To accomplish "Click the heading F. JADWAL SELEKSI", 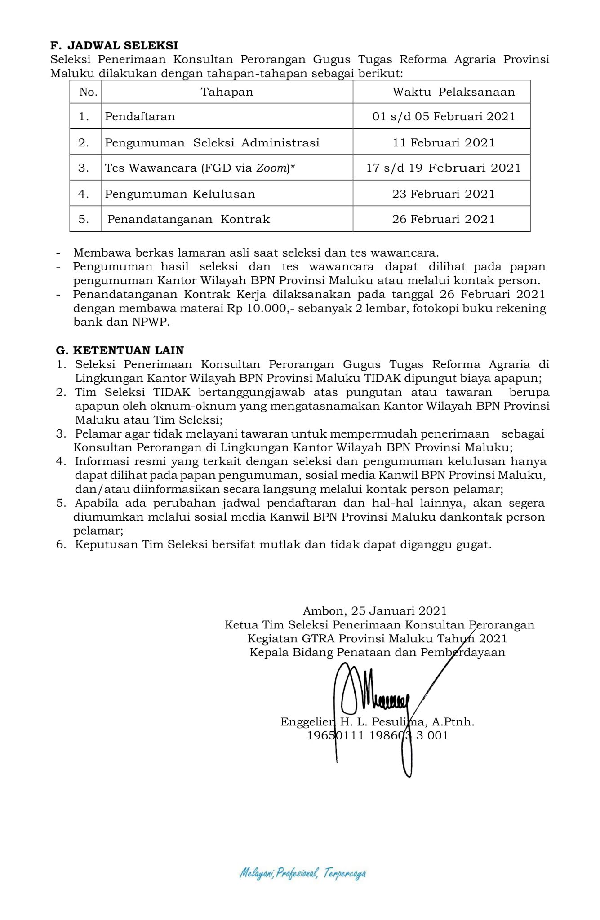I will [114, 45].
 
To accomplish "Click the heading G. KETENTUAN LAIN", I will [120, 350].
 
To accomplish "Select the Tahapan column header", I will [227, 92].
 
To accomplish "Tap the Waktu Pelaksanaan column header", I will [453, 92].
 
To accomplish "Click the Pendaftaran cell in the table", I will [140, 117].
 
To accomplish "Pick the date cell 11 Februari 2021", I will [443, 143].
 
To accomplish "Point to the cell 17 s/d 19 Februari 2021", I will [443, 168].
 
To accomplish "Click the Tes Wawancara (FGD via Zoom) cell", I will [200, 168].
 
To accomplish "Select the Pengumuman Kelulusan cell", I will [180, 194].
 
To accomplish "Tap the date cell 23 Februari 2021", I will [443, 194].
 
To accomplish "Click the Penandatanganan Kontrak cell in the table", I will [188, 219].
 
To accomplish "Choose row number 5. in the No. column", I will [84, 219].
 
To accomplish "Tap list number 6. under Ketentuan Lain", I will [61, 545].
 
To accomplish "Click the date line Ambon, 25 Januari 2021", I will [375, 611].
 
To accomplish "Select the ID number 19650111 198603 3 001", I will [378, 735].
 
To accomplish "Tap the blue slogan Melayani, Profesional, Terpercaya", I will [302, 873].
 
